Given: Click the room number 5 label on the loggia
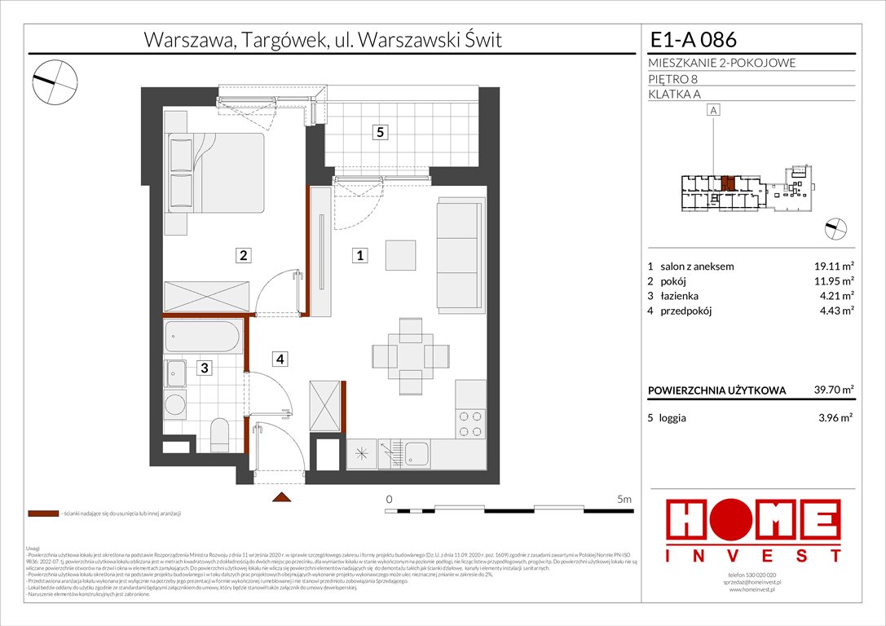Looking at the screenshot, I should pos(379,132).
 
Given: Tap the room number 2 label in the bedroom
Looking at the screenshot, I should pos(242,256).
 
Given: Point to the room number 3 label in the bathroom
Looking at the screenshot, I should pos(205,368).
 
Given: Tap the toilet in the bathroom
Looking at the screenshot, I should pos(220,434).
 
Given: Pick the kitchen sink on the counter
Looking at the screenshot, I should pos(417,454).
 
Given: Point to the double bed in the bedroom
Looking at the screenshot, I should pos(216,173).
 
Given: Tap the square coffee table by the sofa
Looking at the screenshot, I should pos(401,255).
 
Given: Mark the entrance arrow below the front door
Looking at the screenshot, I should pos(280,497).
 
